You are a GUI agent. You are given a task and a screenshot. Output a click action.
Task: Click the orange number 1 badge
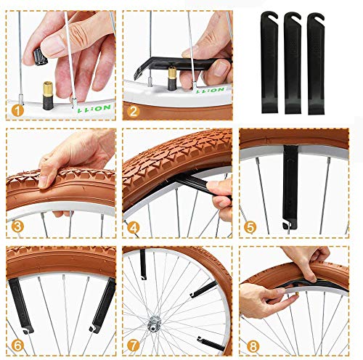17,110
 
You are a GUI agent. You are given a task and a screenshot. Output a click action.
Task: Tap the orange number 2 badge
134,111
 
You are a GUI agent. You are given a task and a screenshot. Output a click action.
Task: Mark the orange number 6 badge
17,344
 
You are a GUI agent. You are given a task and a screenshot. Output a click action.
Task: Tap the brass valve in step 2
172,73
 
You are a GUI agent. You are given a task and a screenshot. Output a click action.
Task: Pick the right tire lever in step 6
102,305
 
